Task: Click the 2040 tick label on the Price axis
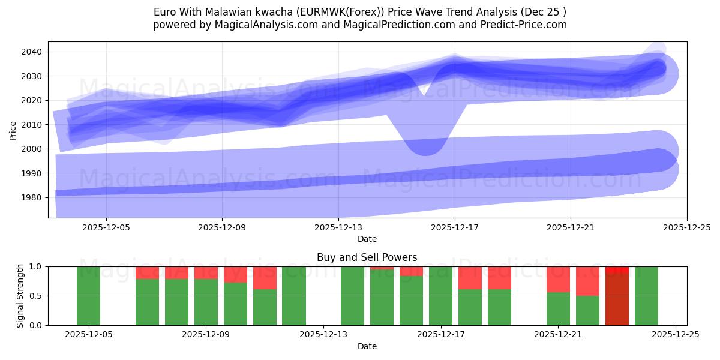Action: coord(32,52)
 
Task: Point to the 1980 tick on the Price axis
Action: coord(32,197)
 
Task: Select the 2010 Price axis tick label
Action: coord(32,125)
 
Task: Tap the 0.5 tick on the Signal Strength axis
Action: coord(36,296)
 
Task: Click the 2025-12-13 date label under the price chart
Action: coord(338,227)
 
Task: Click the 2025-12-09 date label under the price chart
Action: coord(222,227)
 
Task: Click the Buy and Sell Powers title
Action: coord(367,257)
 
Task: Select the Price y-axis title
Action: coord(13,130)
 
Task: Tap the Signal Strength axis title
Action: coord(20,295)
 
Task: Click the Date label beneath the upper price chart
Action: coord(367,239)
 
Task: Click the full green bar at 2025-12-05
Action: coord(89,295)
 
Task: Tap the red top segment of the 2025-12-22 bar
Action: coord(587,281)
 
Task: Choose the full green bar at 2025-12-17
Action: coord(441,295)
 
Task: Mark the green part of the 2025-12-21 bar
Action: coord(558,308)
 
